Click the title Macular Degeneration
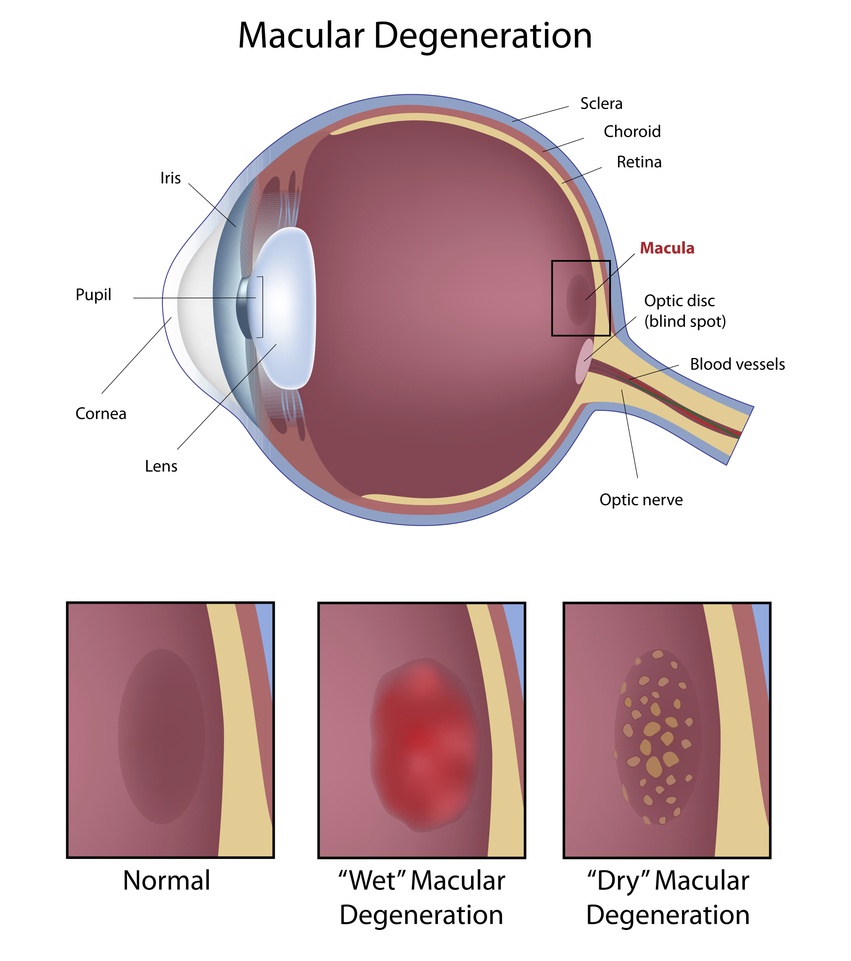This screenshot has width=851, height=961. pyautogui.click(x=415, y=36)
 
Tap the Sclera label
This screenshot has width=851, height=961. pyautogui.click(x=601, y=103)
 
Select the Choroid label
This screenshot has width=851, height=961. pyautogui.click(x=632, y=131)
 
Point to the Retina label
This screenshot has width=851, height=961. pyautogui.click(x=639, y=162)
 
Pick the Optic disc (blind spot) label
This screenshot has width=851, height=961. pyautogui.click(x=684, y=311)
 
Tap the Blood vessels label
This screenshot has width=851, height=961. pyautogui.click(x=737, y=365)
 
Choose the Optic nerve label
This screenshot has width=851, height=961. pyautogui.click(x=641, y=500)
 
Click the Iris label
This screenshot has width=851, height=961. pyautogui.click(x=170, y=178)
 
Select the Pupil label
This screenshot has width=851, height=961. pyautogui.click(x=93, y=295)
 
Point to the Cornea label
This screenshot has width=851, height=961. pyautogui.click(x=101, y=414)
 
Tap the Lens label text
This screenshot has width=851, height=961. pyautogui.click(x=161, y=466)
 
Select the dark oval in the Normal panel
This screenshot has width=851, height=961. pyautogui.click(x=162, y=736)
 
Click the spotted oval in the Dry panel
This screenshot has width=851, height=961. pyautogui.click(x=658, y=737)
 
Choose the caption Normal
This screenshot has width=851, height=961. pyautogui.click(x=167, y=880)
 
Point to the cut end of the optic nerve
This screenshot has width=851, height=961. pyautogui.click(x=740, y=435)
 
